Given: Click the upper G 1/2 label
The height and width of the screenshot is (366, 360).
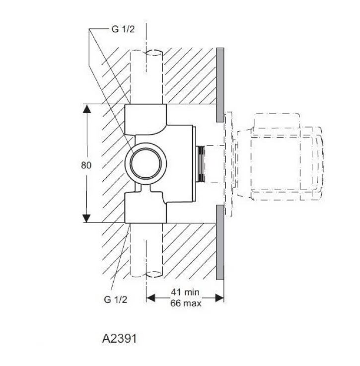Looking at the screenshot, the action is coord(123,29).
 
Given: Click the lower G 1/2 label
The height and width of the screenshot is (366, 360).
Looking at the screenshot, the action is coord(115,299).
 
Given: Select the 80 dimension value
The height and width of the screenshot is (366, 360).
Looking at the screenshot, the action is coord(86,165).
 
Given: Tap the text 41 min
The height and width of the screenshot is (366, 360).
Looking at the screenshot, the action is coord(185,292).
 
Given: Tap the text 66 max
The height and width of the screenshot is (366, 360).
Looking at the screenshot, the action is coord(186,303).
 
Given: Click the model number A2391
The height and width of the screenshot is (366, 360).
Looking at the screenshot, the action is coord(119,339).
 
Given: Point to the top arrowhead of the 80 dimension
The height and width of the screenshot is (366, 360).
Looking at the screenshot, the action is coord(86,109).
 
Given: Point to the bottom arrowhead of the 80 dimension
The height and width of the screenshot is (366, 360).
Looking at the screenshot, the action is coord(86,218).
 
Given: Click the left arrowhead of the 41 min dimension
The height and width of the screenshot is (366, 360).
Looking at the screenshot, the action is coord(150,298).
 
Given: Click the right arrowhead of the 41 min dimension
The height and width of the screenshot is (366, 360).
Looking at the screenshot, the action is coord(219,298).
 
